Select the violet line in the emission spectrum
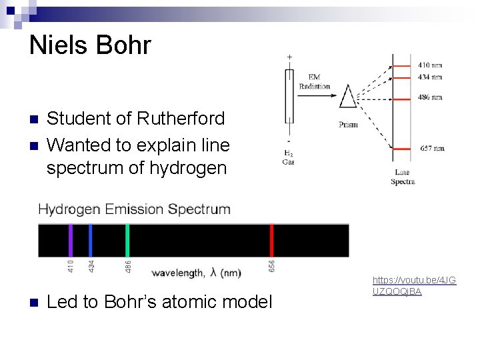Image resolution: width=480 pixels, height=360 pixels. (70, 240)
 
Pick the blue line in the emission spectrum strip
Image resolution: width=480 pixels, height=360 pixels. (91, 240)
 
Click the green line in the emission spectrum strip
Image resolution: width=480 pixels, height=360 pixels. (127, 240)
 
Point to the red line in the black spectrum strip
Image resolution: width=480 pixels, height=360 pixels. (271, 240)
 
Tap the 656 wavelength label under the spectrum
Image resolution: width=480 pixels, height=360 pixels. (272, 266)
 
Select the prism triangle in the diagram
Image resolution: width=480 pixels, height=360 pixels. (348, 97)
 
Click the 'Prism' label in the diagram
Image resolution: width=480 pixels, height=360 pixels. (348, 125)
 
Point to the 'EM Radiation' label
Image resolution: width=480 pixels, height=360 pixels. (315, 82)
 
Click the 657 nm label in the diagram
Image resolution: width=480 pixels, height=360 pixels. (431, 148)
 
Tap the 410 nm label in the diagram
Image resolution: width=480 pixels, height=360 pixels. (430, 65)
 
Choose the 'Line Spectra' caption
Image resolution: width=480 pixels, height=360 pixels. (403, 177)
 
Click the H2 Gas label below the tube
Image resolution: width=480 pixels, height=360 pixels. (289, 157)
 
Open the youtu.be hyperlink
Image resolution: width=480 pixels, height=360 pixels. (414, 286)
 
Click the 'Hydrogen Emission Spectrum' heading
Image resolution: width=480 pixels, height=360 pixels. (135, 209)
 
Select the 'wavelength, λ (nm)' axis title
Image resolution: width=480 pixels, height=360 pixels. (197, 273)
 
